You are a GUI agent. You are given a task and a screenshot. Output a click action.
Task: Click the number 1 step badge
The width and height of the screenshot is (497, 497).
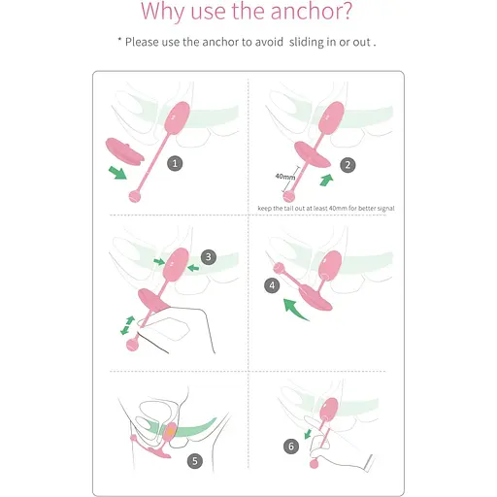(x=175, y=163)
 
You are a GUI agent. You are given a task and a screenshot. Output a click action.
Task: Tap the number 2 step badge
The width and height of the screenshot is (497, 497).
(x=348, y=165)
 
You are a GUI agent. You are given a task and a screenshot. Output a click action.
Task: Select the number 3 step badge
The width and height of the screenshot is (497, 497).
(x=209, y=257)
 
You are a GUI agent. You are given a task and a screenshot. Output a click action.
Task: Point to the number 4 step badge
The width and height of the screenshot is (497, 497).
(x=272, y=285)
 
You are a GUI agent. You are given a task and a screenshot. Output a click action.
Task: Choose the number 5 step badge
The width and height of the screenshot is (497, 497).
(x=195, y=461)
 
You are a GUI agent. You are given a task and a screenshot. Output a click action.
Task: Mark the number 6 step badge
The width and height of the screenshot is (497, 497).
(x=291, y=447)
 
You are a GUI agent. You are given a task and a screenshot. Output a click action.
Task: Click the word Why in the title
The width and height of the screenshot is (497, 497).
(x=163, y=12)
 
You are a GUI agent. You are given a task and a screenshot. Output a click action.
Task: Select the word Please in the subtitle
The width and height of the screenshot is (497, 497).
(x=142, y=42)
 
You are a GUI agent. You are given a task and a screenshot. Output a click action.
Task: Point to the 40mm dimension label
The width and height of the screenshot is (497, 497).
(x=285, y=177)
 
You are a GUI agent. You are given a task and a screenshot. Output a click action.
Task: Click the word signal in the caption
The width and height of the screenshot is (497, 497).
(x=385, y=209)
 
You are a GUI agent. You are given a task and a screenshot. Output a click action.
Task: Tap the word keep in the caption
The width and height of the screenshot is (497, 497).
(x=265, y=209)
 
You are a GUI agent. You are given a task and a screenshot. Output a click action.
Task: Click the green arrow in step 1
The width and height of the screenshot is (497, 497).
(x=117, y=172)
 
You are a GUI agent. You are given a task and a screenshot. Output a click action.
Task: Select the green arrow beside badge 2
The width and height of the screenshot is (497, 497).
(x=326, y=180)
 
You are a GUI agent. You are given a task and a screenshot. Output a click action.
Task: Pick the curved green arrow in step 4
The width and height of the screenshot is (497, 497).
(x=293, y=309)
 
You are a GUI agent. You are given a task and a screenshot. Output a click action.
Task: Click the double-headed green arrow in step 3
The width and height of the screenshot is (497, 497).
(x=127, y=325)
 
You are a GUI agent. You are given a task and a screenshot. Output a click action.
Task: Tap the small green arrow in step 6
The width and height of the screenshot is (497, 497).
(x=308, y=434)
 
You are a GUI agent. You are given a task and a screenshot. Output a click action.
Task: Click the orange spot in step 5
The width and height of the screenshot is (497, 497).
(x=170, y=431)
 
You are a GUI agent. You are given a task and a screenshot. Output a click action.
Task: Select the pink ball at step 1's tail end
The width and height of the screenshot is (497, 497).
(x=135, y=196)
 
